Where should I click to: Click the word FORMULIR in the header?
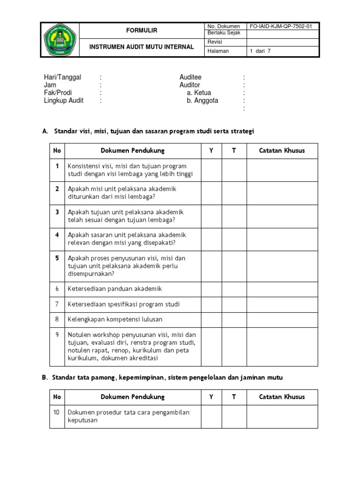[x=142, y=30]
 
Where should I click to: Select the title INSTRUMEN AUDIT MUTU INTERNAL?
[x=142, y=46]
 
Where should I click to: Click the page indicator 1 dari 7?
[x=261, y=51]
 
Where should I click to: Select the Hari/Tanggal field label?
[x=62, y=77]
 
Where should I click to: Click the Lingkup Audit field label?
[x=63, y=100]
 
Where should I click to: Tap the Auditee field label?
[x=190, y=77]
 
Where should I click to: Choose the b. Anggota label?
[x=202, y=100]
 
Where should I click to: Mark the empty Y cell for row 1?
[x=211, y=170]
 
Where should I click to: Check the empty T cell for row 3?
[x=234, y=216]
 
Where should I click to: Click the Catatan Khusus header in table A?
[x=282, y=150]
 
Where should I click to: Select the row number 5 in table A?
[x=57, y=258]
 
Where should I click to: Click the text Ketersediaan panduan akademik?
[x=114, y=289]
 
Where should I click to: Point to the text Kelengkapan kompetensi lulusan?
[x=115, y=319]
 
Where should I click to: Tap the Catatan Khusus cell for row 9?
[x=282, y=346]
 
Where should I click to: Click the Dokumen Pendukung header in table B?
[x=133, y=397]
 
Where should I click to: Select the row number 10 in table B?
[x=57, y=412]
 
